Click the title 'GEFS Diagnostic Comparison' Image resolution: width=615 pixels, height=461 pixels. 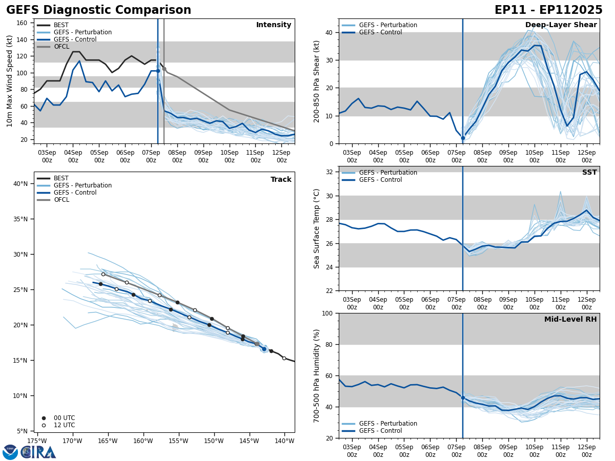point(98,10)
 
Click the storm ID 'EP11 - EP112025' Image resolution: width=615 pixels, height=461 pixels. point(548,10)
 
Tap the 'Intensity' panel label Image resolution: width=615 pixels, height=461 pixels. point(274,25)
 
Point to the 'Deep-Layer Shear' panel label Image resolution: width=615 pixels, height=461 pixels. point(561,25)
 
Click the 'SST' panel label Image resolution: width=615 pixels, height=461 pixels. point(589,173)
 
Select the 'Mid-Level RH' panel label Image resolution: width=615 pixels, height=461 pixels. point(570,320)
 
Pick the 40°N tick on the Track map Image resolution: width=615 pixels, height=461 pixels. point(20,184)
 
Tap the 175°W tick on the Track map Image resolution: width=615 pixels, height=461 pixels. point(37,441)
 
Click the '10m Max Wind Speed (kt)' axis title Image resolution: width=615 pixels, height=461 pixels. point(10,81)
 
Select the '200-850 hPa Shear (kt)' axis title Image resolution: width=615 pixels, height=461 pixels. point(317,81)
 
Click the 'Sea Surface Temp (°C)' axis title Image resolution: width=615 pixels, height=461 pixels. point(317,228)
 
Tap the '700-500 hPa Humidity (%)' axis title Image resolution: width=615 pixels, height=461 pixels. point(317,375)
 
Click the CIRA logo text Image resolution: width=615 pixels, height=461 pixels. point(38,452)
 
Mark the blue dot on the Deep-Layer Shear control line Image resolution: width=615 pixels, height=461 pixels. point(463,138)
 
